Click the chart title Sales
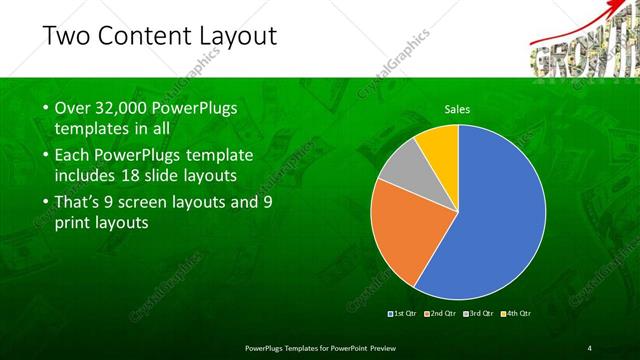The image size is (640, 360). point(457,109)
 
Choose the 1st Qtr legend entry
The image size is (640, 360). point(404,314)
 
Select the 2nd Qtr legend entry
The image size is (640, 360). point(441,314)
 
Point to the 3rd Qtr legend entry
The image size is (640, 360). point(479,314)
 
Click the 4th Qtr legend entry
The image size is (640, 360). point(516,314)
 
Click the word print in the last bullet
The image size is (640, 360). point(71,223)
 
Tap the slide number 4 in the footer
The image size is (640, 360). point(589,347)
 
